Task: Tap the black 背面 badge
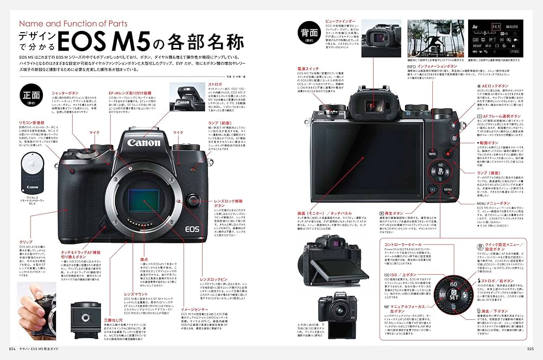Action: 310,34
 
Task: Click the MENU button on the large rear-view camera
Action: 447,190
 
